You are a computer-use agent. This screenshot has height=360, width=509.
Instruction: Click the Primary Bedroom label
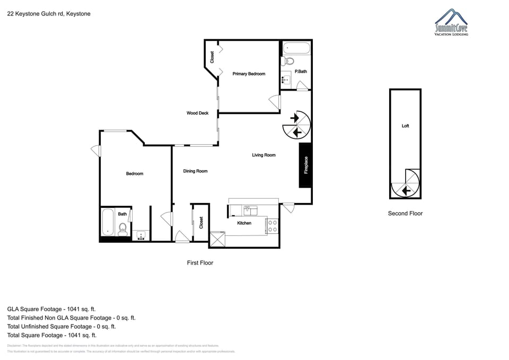point(249,74)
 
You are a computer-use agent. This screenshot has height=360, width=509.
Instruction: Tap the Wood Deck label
point(197,113)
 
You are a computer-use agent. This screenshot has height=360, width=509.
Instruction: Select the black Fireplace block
point(305,165)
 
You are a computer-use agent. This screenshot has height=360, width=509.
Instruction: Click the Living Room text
point(264,155)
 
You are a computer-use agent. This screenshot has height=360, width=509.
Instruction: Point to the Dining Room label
point(195,171)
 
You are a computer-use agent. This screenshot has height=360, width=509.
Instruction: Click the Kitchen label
point(244,223)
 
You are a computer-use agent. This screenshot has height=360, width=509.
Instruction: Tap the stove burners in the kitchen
point(271,226)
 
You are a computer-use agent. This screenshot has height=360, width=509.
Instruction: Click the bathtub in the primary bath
point(296,48)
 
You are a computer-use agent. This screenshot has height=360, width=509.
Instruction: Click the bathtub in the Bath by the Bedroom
point(108,223)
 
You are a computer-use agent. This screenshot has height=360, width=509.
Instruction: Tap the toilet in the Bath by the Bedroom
point(122,229)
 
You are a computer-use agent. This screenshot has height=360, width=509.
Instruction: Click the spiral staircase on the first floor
point(295,126)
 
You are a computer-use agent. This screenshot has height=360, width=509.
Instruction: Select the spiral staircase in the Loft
point(405,184)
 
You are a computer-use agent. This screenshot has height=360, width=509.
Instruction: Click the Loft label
point(405,126)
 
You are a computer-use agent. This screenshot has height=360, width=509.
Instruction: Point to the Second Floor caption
point(405,214)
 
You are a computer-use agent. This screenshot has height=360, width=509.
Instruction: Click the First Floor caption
point(200,262)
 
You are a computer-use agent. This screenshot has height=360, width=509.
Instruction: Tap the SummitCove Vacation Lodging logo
point(451,23)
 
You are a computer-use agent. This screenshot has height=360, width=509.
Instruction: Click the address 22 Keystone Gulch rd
point(49,14)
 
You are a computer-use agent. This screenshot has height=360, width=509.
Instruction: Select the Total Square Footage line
point(52,336)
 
